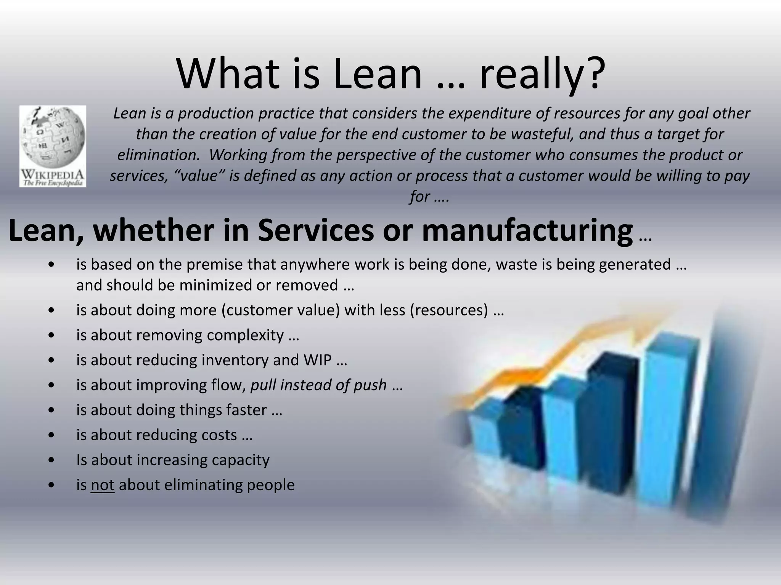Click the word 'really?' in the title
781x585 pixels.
(x=542, y=74)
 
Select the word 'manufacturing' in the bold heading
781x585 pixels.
(x=527, y=231)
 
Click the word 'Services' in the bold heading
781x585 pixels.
(x=316, y=231)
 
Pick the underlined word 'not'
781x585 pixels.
(x=103, y=485)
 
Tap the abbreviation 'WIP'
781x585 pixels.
(x=317, y=360)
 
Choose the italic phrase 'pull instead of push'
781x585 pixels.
(x=318, y=385)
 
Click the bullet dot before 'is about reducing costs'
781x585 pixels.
(x=51, y=435)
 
